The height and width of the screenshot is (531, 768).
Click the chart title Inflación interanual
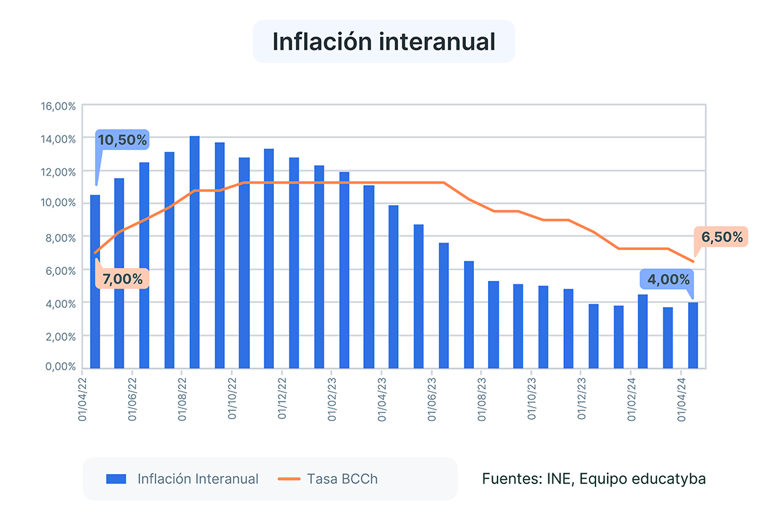(383, 41)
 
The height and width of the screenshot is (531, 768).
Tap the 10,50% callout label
(122, 140)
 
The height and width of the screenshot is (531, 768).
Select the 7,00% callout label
(122, 278)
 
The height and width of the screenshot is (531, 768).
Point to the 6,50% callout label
(722, 237)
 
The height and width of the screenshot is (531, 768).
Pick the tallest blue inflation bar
(195, 251)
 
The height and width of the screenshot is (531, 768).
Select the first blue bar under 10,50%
(95, 282)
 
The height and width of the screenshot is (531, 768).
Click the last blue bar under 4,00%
(693, 335)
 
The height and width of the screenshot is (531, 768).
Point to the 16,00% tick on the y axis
(58, 106)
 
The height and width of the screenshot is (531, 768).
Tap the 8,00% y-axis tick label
(60, 237)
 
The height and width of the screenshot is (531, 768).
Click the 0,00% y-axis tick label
(60, 367)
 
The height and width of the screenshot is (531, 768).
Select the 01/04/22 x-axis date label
(83, 398)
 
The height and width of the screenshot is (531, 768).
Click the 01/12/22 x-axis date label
(283, 398)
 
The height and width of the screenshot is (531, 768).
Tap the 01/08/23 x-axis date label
(482, 398)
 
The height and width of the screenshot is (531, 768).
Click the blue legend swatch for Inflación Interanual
(116, 479)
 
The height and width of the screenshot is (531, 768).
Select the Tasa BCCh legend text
(342, 479)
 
